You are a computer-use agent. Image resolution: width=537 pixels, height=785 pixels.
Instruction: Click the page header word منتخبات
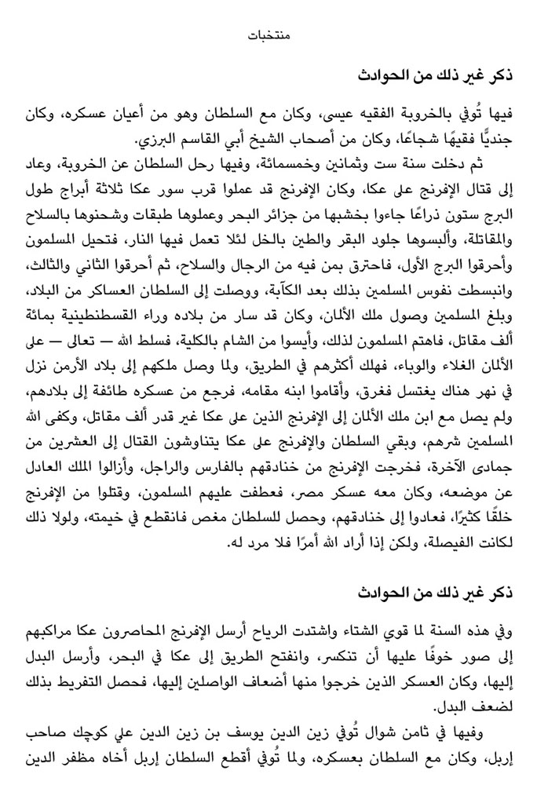(x=268, y=35)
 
